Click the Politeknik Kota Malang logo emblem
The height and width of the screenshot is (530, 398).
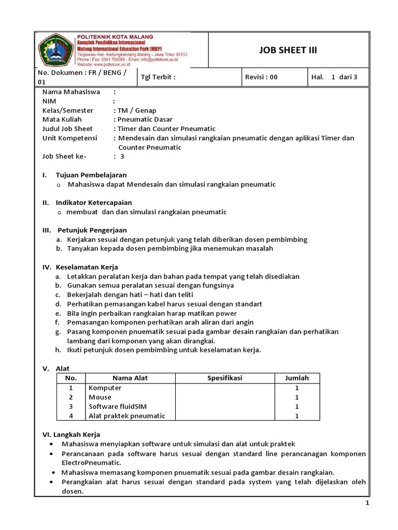(55, 50)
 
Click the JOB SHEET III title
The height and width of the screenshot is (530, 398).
(288, 50)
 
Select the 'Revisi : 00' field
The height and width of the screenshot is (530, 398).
(261, 77)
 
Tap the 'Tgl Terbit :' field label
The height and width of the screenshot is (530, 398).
(159, 77)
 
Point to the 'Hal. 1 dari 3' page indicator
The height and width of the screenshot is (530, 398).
(335, 77)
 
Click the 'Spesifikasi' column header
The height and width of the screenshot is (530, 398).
(225, 378)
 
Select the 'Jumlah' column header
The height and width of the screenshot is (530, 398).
(296, 378)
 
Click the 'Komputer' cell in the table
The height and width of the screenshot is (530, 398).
(105, 388)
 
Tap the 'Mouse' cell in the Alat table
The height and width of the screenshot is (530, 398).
(100, 397)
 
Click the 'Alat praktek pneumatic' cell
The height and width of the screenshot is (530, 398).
(126, 416)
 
